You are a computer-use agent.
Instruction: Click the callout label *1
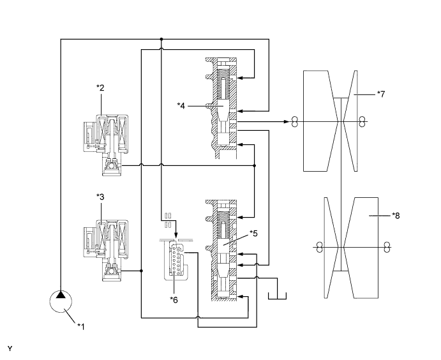81,327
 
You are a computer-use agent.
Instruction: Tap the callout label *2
100,87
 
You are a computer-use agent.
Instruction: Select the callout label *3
100,197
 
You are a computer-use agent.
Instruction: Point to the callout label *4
181,106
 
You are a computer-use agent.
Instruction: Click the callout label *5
254,234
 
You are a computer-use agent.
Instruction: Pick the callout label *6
174,300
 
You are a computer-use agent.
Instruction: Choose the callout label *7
381,94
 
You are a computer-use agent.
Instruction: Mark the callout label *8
396,216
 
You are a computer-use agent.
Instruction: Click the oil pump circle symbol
61,301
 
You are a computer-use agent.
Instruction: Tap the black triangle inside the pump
61,295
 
